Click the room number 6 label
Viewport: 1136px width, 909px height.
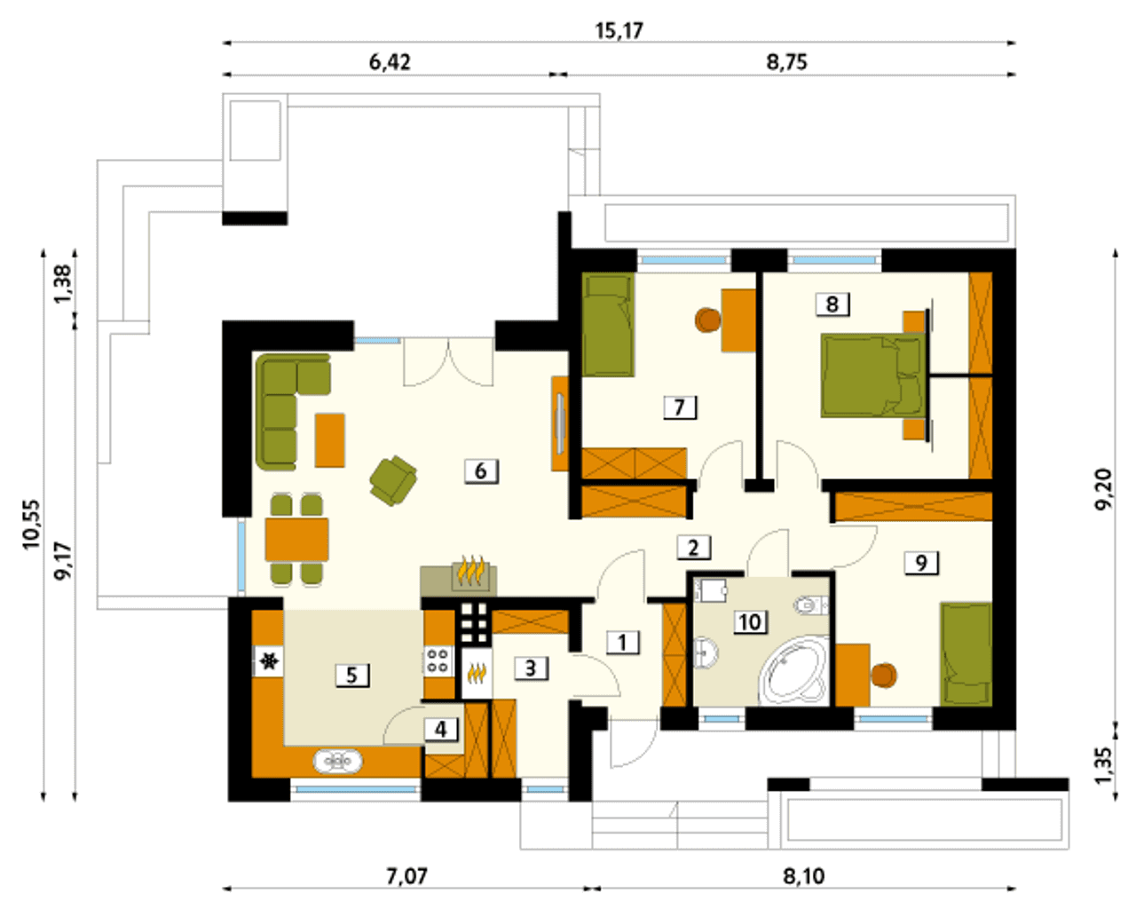pos(481,471)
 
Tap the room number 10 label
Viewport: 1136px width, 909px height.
pos(750,622)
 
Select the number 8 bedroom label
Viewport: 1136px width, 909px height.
pos(832,304)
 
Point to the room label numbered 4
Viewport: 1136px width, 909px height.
pos(441,730)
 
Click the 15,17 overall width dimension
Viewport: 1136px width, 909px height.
pos(619,31)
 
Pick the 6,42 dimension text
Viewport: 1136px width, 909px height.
pos(390,62)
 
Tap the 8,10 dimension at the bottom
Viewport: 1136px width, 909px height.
pos(803,876)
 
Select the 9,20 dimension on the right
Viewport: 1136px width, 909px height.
pos(1103,488)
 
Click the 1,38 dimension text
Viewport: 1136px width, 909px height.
pos(62,284)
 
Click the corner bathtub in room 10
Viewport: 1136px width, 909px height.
pos(793,671)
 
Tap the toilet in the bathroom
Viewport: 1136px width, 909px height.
pos(811,605)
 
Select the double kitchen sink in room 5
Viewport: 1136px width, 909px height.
pos(337,761)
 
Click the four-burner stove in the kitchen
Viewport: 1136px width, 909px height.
pos(438,660)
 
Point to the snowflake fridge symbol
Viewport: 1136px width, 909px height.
pos(269,660)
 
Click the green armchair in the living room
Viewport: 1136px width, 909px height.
pos(393,480)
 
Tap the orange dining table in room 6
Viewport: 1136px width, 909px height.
pos(296,539)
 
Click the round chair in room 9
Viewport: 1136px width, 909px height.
pos(884,676)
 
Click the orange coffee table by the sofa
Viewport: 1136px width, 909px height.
pos(330,440)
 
